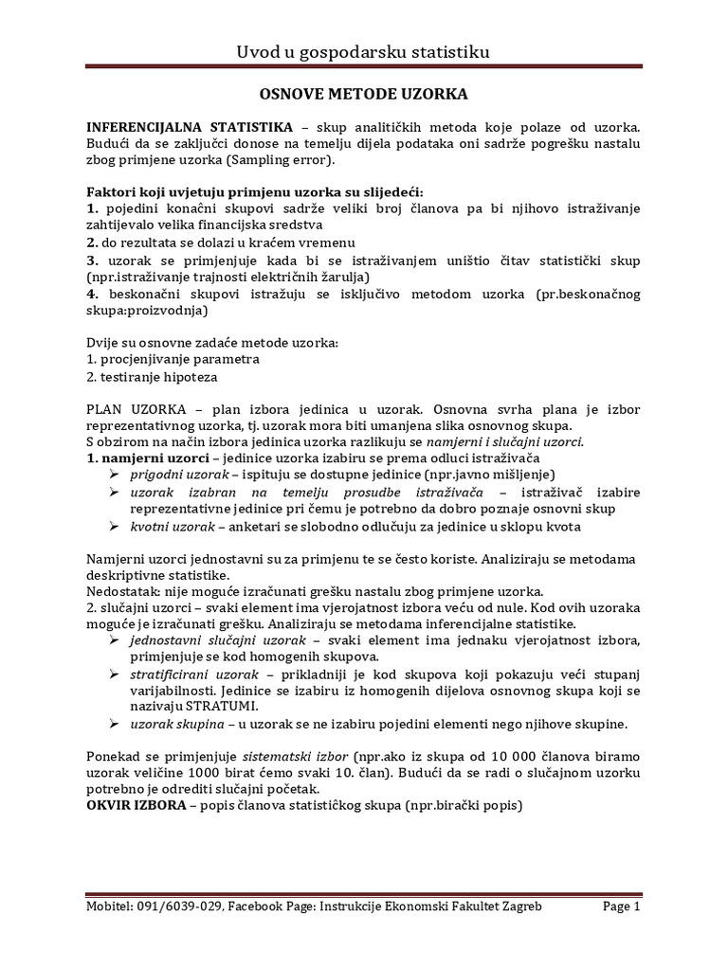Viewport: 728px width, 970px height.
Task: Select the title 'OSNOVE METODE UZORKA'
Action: [x=364, y=95]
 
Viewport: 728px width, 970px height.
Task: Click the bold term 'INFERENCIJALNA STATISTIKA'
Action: [x=190, y=127]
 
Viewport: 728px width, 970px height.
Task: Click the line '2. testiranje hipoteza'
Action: [x=151, y=377]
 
